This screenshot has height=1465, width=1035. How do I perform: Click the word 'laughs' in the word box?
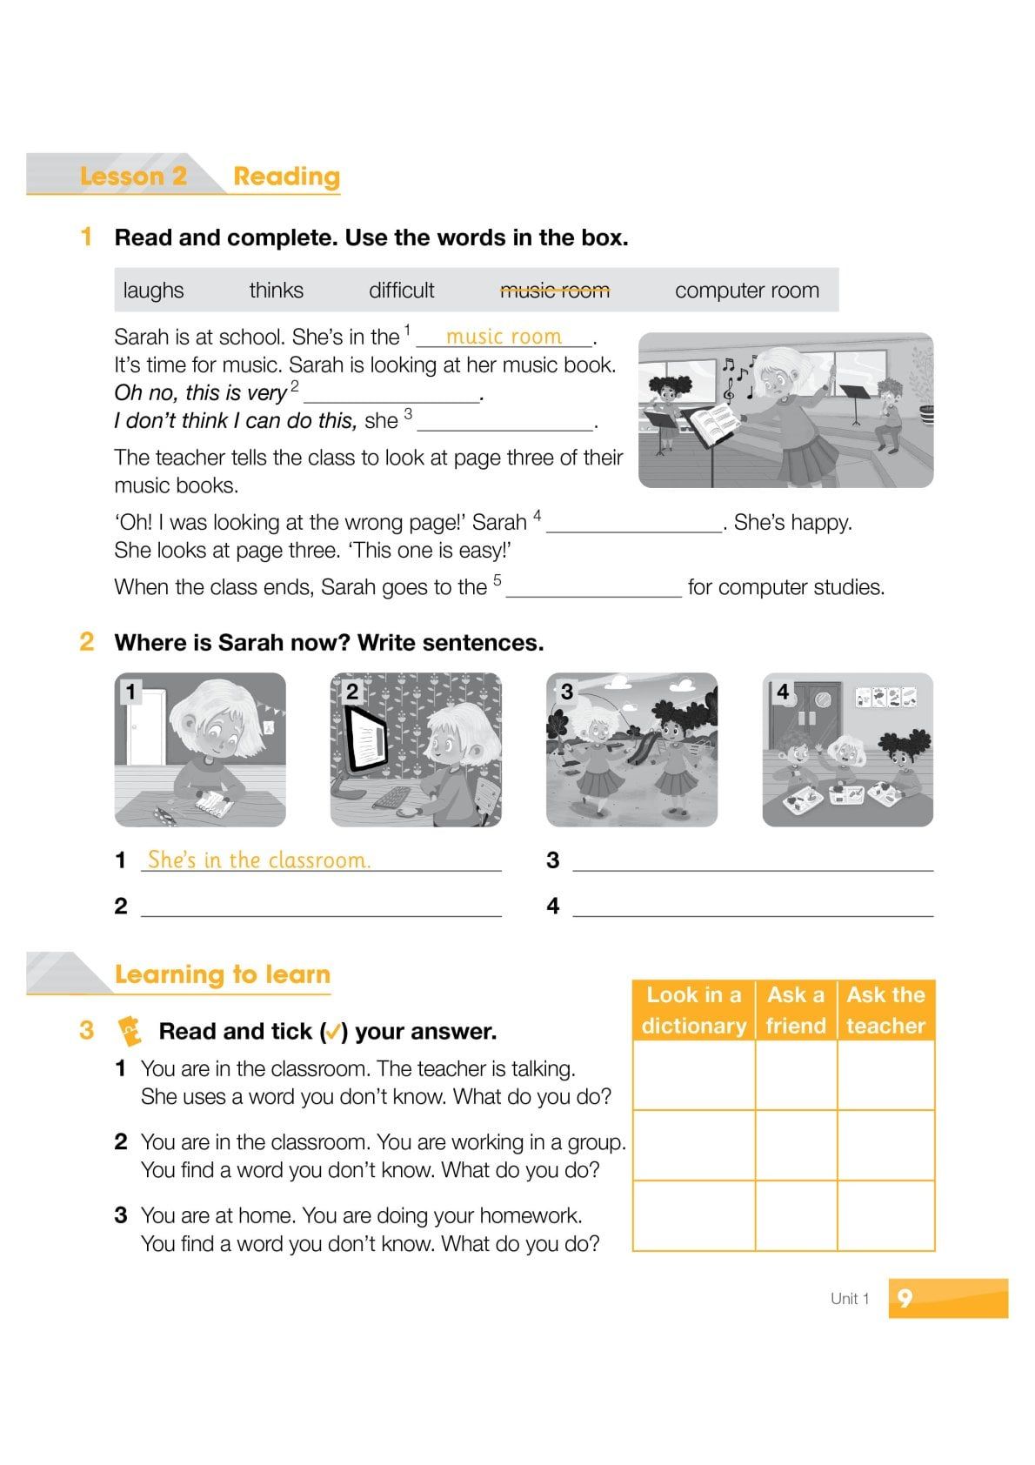pyautogui.click(x=153, y=291)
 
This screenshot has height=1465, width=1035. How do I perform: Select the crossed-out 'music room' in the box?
pyautogui.click(x=554, y=291)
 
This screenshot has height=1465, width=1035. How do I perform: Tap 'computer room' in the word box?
pyautogui.click(x=746, y=291)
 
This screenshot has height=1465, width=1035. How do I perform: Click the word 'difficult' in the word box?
pyautogui.click(x=401, y=291)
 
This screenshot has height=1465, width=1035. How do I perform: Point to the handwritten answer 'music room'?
pyautogui.click(x=504, y=337)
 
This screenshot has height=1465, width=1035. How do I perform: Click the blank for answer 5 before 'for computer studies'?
pyautogui.click(x=593, y=590)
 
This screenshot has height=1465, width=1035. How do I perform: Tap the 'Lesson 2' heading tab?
pyautogui.click(x=133, y=177)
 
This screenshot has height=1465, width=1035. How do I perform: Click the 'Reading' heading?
pyautogui.click(x=286, y=177)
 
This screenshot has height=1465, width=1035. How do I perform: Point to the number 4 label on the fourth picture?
pyautogui.click(x=783, y=692)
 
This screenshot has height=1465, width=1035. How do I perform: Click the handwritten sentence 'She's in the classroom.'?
pyautogui.click(x=259, y=860)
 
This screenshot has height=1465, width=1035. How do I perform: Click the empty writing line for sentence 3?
pyautogui.click(x=752, y=862)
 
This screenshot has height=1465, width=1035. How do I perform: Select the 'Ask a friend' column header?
pyautogui.click(x=795, y=1010)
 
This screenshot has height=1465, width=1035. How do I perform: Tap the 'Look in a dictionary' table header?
pyautogui.click(x=693, y=1010)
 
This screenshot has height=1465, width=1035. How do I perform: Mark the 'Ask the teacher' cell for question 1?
pyautogui.click(x=885, y=1075)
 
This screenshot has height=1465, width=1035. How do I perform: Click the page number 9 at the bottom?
pyautogui.click(x=905, y=1298)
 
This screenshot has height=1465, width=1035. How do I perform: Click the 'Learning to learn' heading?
pyautogui.click(x=222, y=974)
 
